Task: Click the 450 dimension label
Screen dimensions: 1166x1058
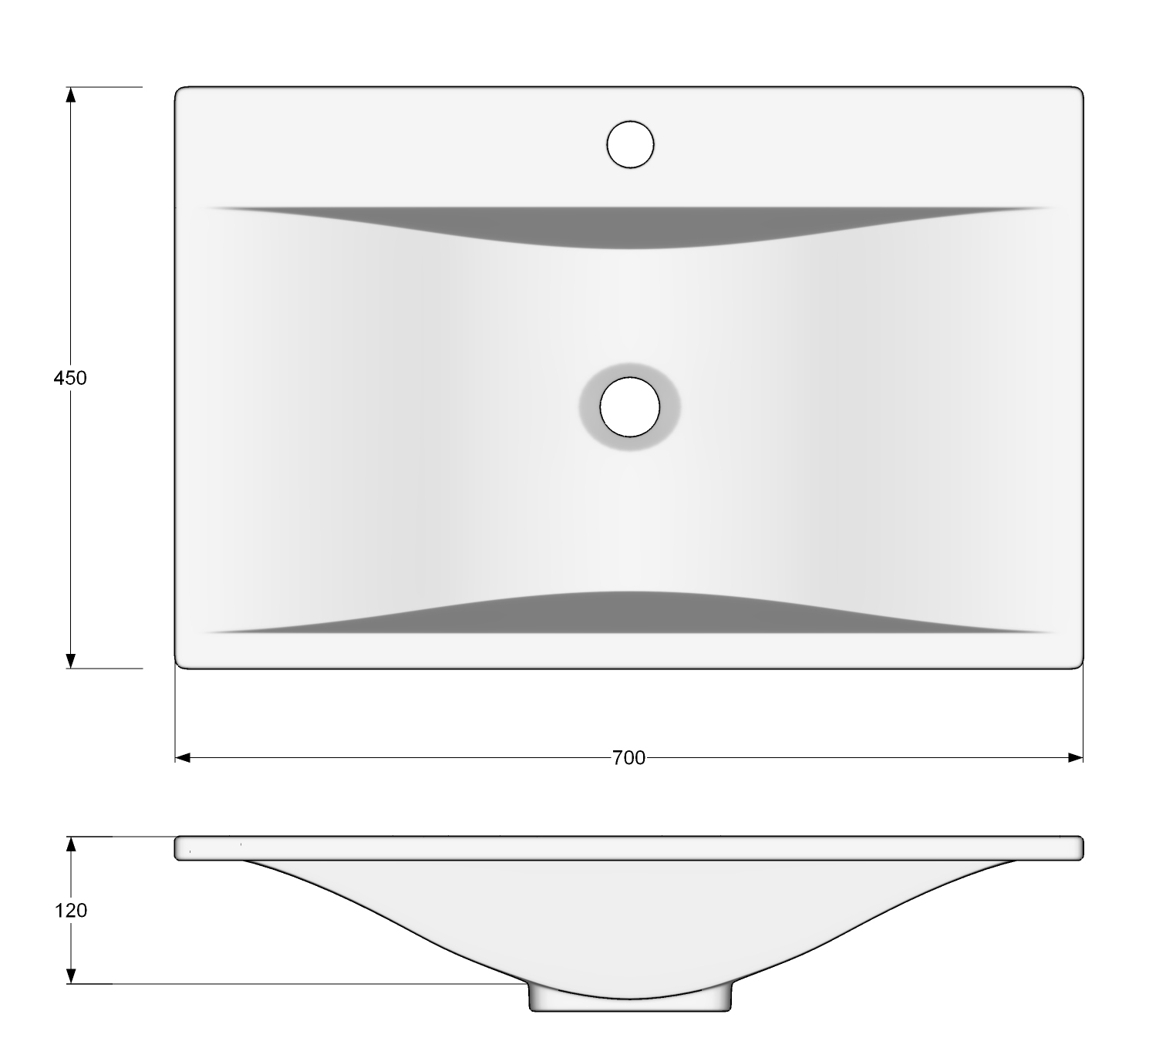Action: [x=69, y=378]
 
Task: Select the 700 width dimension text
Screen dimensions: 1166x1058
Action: [x=628, y=758]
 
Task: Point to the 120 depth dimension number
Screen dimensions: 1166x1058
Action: [x=71, y=911]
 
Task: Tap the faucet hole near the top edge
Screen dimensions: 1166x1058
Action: [x=630, y=145]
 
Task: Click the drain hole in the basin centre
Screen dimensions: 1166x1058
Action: [x=629, y=407]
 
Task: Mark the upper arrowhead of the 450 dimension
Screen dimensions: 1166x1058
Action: [x=70, y=95]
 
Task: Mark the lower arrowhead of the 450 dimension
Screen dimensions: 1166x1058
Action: [x=70, y=661]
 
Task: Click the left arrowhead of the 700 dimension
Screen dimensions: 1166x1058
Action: [x=183, y=757]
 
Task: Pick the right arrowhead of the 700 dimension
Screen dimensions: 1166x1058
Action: [x=1075, y=757]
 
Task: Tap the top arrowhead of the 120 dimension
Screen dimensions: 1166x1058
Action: [x=71, y=844]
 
